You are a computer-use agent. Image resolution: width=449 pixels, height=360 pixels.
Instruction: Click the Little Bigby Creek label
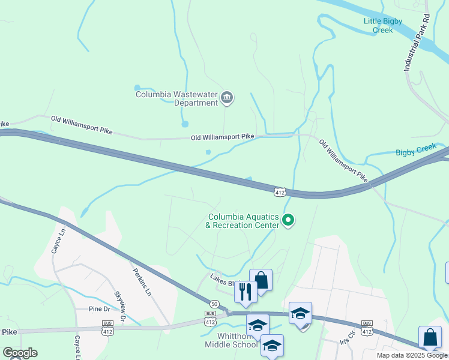coord(387,25)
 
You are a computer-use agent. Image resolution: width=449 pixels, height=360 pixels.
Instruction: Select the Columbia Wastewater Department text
coord(176,98)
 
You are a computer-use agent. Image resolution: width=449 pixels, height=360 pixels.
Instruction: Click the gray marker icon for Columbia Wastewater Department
coord(227,98)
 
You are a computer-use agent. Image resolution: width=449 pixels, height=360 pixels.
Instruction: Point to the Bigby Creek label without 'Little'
coord(418,152)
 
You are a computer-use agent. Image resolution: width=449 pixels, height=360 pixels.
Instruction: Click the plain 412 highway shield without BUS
coord(279,192)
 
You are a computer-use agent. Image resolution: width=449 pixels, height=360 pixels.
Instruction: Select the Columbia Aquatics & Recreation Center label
coord(243,221)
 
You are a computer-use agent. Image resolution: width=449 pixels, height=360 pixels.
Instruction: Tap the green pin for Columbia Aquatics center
coord(288,220)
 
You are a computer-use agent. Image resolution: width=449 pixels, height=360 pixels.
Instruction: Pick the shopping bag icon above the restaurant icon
coord(261,280)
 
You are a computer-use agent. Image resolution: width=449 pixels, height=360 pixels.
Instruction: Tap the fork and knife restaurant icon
coord(246,292)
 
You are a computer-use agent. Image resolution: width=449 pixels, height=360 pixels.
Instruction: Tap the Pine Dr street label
coord(99,309)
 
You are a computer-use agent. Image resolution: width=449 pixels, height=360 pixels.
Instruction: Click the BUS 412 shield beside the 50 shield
coord(210,318)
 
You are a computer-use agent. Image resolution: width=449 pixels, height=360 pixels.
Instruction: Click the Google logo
coord(20,353)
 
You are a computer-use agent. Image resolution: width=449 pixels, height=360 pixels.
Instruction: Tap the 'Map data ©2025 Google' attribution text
coord(411,355)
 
